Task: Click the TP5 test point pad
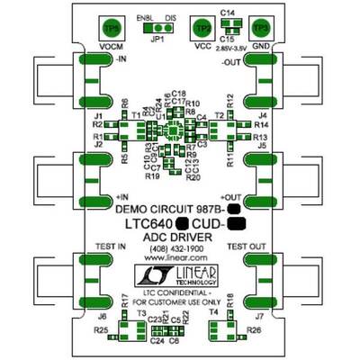pyautogui.click(x=110, y=27)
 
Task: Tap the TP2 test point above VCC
pyautogui.click(x=202, y=27)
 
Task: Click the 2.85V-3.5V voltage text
pyautogui.click(x=231, y=42)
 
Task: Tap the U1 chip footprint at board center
pyautogui.click(x=177, y=129)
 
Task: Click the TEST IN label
pyautogui.click(x=109, y=246)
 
